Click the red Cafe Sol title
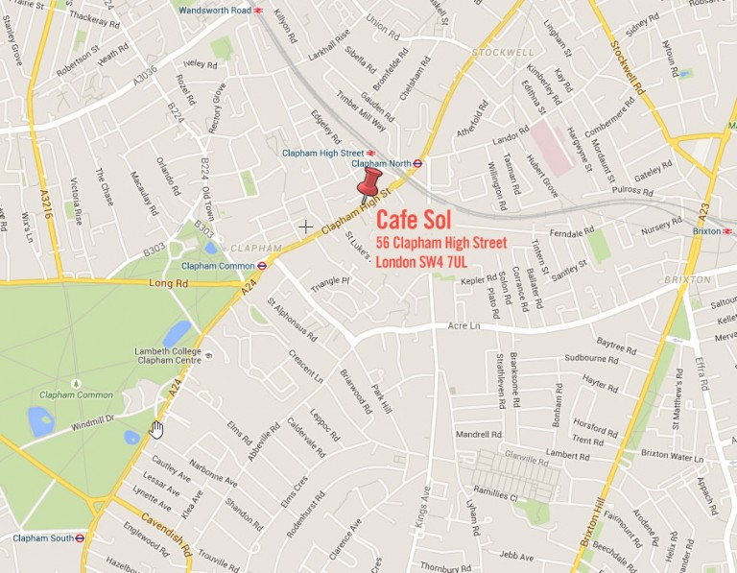point(414,219)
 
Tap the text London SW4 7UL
point(435,261)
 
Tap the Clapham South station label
point(42,538)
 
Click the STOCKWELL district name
point(496,50)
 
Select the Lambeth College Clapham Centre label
point(168,356)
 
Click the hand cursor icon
point(157,428)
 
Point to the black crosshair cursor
point(305,227)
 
